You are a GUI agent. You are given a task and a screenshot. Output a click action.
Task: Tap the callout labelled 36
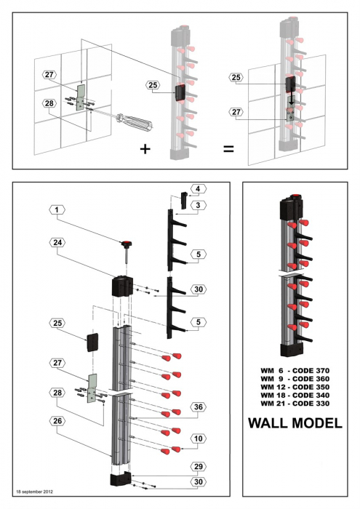pos(196,406)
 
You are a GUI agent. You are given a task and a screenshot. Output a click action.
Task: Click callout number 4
pos(196,190)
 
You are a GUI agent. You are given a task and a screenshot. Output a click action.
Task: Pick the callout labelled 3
pos(196,207)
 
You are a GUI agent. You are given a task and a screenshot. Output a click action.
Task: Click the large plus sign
pos(146,149)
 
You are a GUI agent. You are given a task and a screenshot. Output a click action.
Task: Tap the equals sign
pos(228,149)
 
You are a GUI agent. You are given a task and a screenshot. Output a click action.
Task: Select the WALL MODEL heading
pos(295,422)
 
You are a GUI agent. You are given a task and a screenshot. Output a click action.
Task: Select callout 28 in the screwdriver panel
pos(49,103)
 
